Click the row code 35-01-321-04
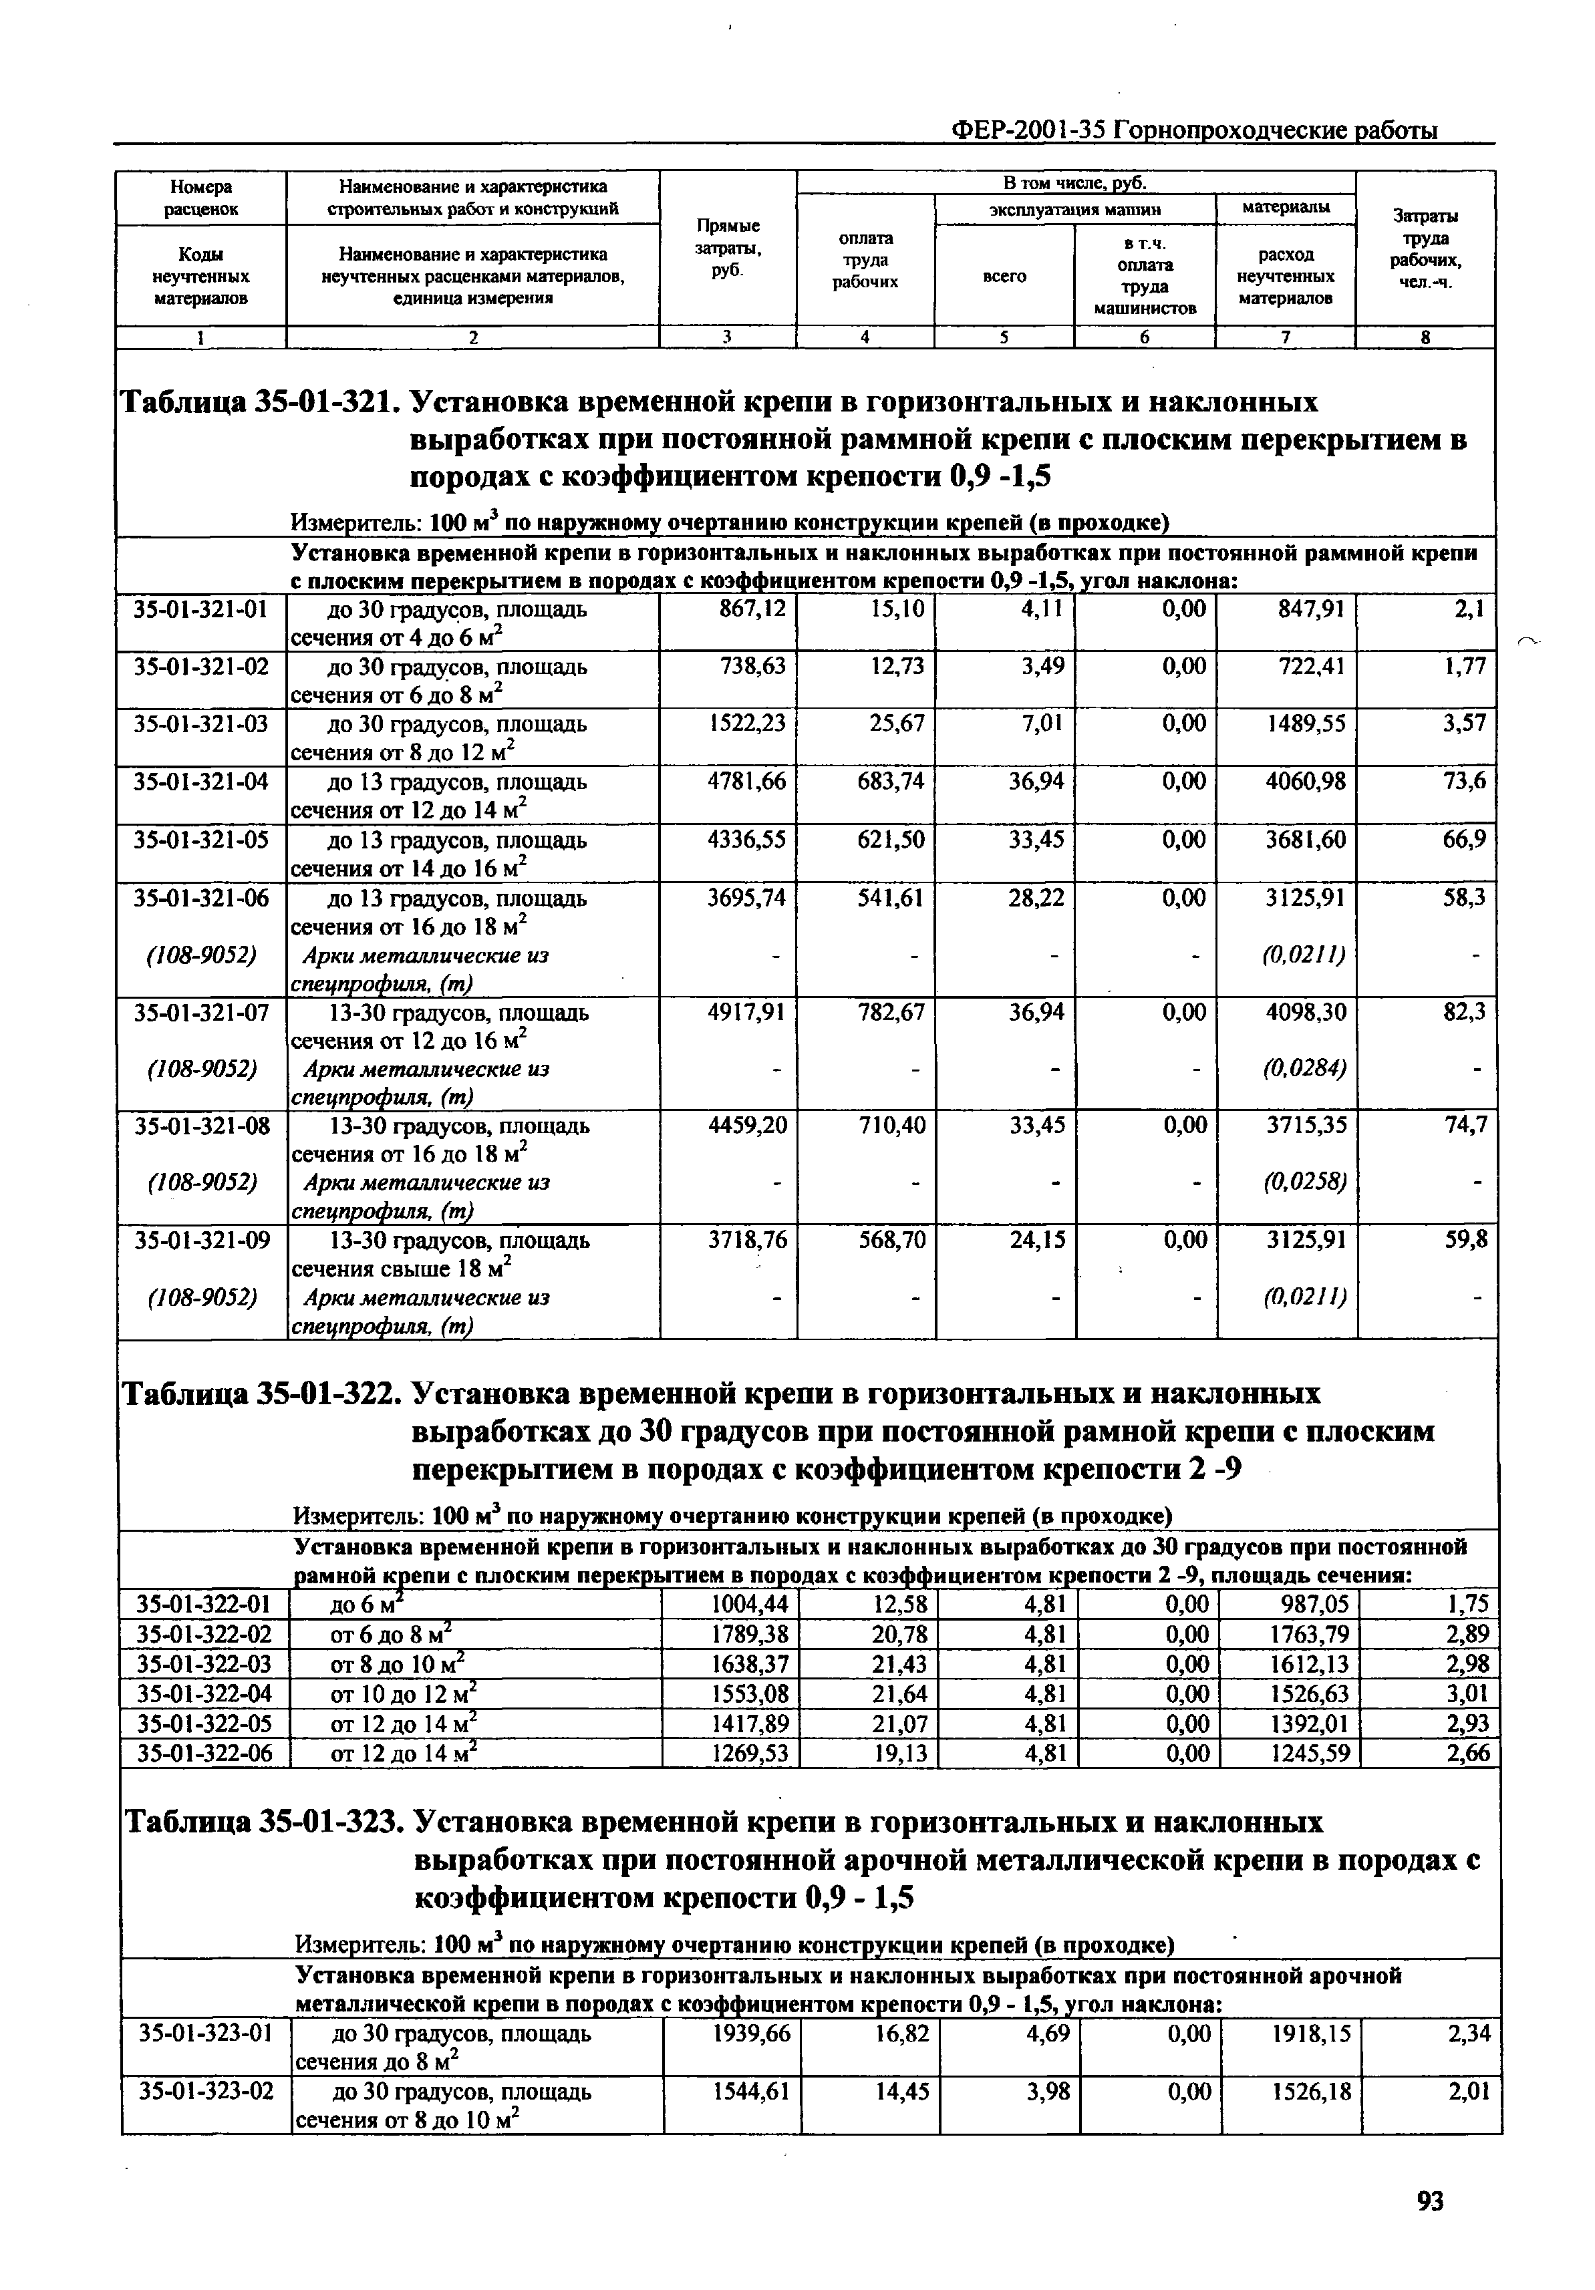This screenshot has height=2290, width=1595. (x=202, y=781)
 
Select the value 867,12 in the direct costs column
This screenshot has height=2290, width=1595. (x=752, y=607)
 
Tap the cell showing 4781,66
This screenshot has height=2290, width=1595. (x=746, y=781)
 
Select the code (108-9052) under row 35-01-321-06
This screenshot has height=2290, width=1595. (x=202, y=955)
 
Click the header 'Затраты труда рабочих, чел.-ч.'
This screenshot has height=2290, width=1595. (x=1425, y=249)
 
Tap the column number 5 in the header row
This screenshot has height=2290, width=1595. (x=1004, y=337)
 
